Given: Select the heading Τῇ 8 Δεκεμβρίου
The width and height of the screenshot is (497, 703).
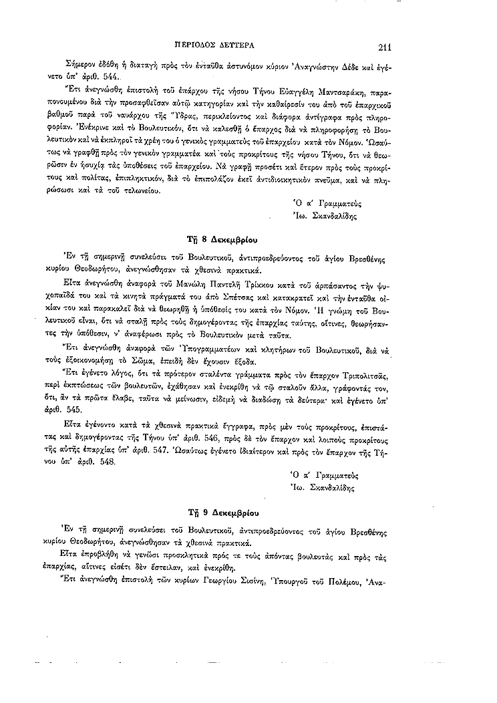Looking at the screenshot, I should click(220, 238).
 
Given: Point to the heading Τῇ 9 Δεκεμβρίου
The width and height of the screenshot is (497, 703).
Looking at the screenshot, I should click(220, 513).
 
